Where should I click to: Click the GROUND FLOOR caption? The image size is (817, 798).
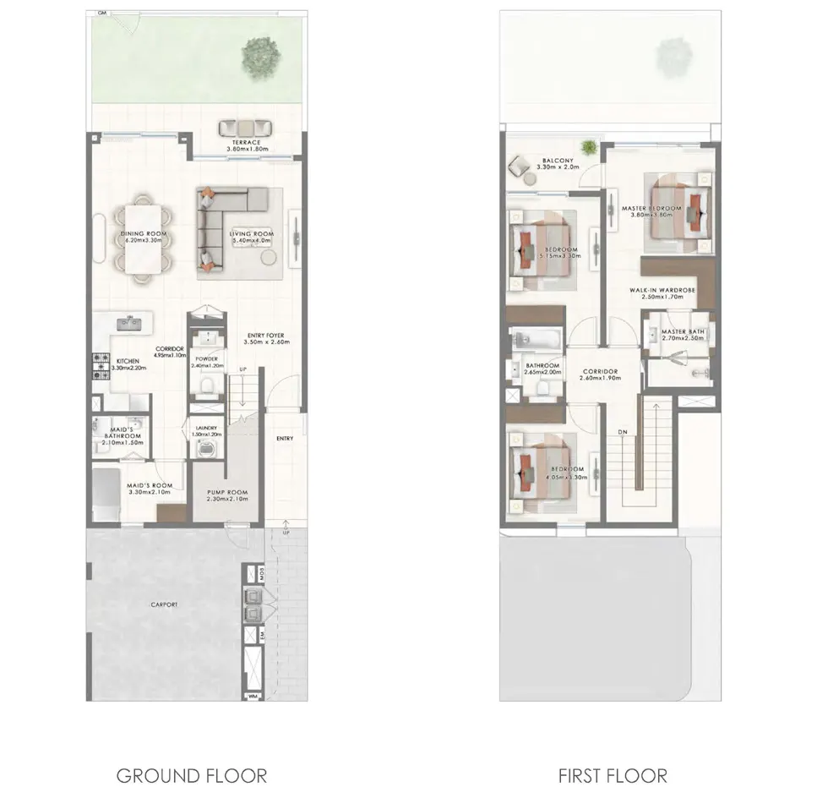pos(191,775)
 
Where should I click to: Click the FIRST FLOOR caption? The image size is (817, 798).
pos(613,775)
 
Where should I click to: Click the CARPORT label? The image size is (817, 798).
pos(164,605)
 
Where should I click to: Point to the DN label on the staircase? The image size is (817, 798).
pos(623,433)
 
